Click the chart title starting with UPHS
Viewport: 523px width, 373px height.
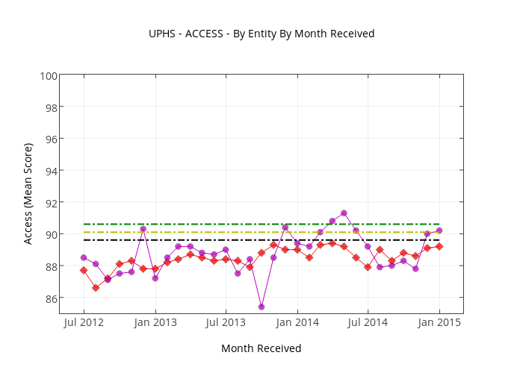tap(261, 34)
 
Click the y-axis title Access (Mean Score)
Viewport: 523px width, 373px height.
tap(28, 193)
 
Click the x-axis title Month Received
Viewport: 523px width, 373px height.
tap(261, 348)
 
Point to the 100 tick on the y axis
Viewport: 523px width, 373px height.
tap(49, 75)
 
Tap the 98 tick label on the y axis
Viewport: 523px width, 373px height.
tap(50, 107)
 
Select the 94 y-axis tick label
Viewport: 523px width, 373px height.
tap(50, 171)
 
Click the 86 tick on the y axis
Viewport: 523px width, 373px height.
tap(50, 298)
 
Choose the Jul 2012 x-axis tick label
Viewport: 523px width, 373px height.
tap(84, 322)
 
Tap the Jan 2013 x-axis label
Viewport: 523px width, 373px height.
tap(155, 322)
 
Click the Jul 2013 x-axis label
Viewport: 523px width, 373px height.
tap(226, 322)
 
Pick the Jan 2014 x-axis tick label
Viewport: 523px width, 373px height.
tap(297, 322)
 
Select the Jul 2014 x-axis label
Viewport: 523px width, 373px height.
tap(368, 322)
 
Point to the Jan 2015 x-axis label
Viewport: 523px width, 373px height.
tap(439, 322)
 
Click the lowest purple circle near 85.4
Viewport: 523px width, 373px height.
tap(261, 307)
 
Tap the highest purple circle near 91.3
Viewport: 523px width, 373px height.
tap(344, 213)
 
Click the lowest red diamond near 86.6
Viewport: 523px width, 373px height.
tap(96, 288)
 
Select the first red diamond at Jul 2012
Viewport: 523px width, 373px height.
tap(84, 270)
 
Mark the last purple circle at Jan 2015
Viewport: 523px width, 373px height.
tap(439, 231)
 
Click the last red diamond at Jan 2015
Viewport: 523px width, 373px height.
tap(439, 246)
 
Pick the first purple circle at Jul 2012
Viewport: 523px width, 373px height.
tap(84, 257)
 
